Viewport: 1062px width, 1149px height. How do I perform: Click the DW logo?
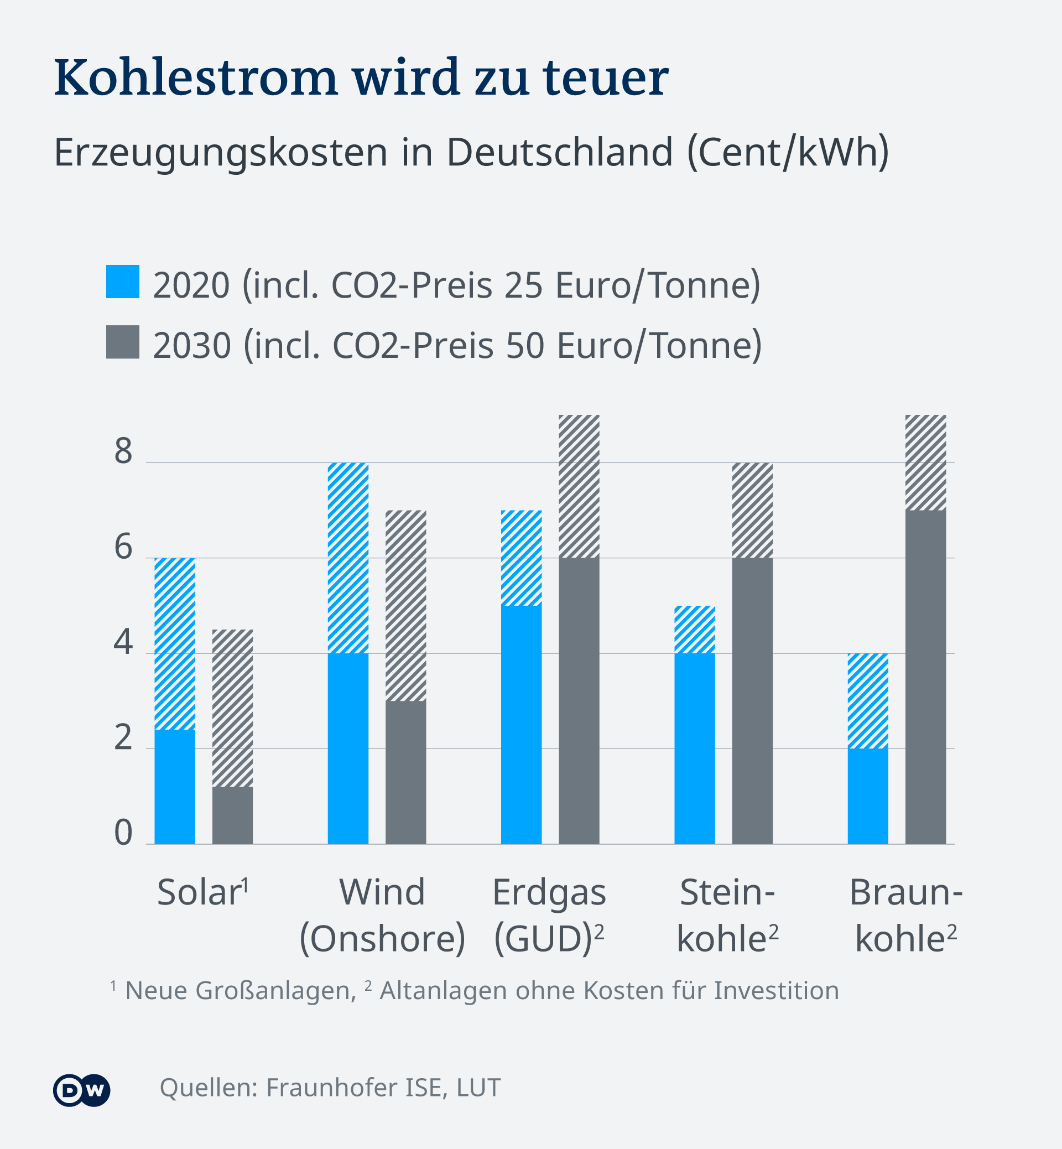(x=82, y=1089)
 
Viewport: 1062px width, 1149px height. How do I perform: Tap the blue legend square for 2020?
(x=122, y=282)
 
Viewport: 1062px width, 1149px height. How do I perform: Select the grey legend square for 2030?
(x=122, y=342)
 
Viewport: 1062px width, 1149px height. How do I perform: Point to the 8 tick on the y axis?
(x=123, y=452)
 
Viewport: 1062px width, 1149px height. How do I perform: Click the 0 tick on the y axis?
(x=123, y=833)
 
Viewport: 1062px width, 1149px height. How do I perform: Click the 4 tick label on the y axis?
(x=123, y=643)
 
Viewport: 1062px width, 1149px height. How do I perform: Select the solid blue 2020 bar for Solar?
(x=175, y=787)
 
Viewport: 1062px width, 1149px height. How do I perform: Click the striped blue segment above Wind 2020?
(x=348, y=558)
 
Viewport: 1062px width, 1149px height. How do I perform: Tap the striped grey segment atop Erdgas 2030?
(x=579, y=486)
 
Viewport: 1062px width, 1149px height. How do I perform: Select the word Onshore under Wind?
(x=382, y=939)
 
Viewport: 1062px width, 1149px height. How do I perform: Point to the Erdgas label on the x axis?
(x=549, y=893)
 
